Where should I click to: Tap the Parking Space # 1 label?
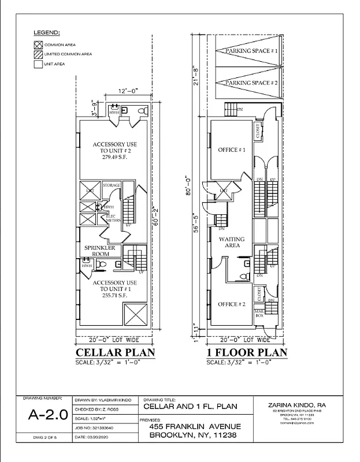(x=252, y=51)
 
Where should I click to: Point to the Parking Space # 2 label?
(x=252, y=84)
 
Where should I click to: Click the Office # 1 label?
(x=231, y=150)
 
